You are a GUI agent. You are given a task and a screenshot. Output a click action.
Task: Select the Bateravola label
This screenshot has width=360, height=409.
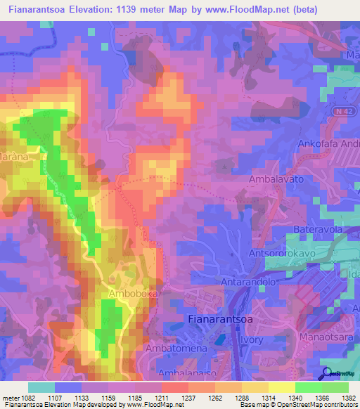click(317, 230)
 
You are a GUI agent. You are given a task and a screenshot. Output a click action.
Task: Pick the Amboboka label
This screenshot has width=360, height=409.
click(131, 293)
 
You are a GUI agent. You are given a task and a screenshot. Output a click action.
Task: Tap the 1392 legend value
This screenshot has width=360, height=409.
click(339, 398)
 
